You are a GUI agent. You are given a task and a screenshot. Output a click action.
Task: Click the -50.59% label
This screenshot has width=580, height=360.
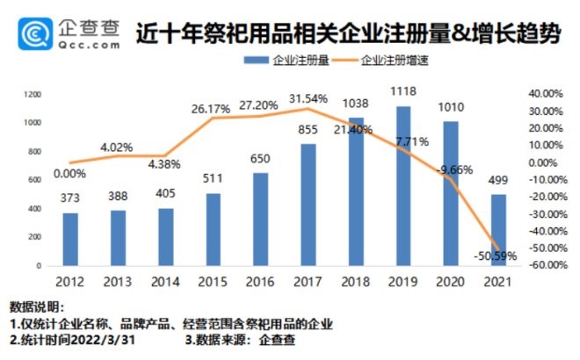tap(494, 256)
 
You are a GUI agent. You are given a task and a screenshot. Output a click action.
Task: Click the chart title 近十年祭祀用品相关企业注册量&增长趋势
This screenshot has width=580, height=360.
tap(349, 33)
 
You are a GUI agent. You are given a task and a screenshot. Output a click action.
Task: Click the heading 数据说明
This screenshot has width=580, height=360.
tap(37, 306)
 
